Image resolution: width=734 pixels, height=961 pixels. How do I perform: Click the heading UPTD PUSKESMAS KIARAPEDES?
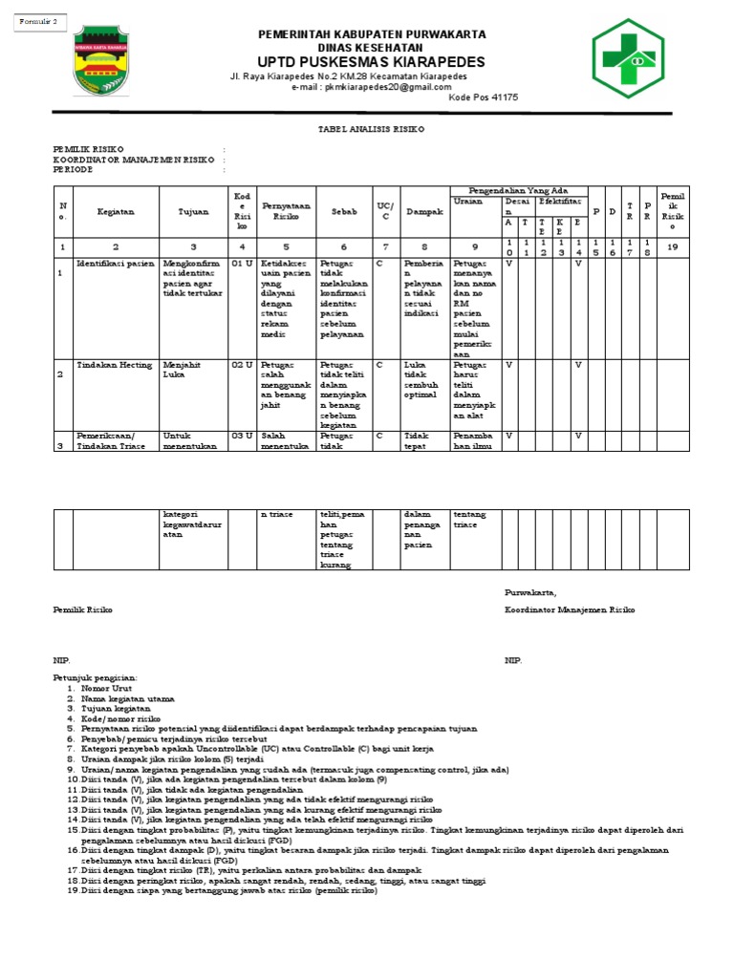click(x=373, y=62)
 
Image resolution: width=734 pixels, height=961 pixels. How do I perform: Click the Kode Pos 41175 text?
click(x=484, y=97)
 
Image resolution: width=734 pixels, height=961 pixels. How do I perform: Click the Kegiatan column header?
click(x=115, y=211)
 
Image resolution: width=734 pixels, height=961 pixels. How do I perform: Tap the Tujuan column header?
click(x=193, y=211)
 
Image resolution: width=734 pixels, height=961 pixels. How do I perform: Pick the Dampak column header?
click(x=423, y=211)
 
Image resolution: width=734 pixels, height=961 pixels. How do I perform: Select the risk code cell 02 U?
click(x=242, y=364)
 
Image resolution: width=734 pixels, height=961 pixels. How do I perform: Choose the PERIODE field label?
click(x=73, y=168)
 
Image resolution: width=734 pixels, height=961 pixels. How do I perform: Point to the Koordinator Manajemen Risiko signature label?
click(x=570, y=609)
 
